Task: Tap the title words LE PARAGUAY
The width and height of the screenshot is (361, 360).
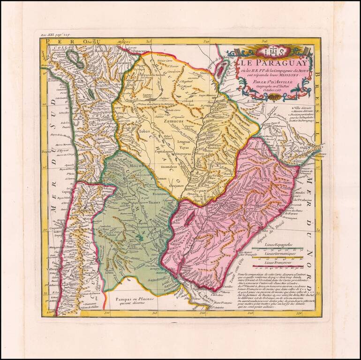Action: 268,62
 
